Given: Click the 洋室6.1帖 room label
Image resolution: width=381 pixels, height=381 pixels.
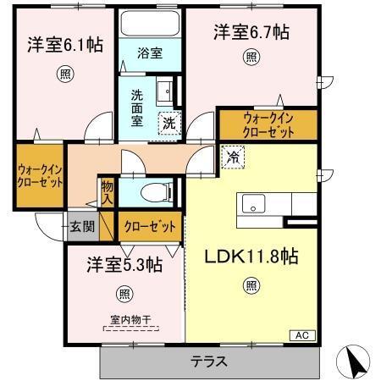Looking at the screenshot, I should [x=65, y=44].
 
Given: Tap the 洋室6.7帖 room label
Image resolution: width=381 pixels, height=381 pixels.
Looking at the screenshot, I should [x=251, y=33].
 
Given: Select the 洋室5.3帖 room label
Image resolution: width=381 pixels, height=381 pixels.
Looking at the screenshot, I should [x=124, y=265].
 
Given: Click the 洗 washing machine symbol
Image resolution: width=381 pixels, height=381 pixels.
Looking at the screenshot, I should [x=169, y=122].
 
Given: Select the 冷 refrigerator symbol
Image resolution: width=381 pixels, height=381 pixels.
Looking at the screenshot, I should [x=231, y=157].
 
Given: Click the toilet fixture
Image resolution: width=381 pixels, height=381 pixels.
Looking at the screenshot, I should [x=153, y=190].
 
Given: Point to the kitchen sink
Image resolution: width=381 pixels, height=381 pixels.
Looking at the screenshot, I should [x=254, y=205].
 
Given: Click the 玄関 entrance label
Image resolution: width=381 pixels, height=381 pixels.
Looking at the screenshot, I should [x=82, y=226].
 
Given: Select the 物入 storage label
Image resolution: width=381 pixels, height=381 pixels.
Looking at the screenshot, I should [x=108, y=191].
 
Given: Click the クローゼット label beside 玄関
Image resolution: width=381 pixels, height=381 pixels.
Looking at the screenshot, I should [x=151, y=227].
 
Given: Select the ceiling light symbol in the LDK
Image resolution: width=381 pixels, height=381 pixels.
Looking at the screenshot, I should [x=251, y=285].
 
